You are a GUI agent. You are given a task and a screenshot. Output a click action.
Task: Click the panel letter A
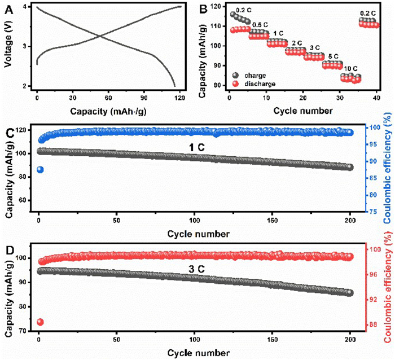7,7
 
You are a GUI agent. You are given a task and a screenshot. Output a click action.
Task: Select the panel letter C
8,133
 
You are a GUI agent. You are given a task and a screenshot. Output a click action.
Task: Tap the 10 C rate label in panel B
349,68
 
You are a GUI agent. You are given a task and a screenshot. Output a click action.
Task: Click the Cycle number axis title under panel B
304,111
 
